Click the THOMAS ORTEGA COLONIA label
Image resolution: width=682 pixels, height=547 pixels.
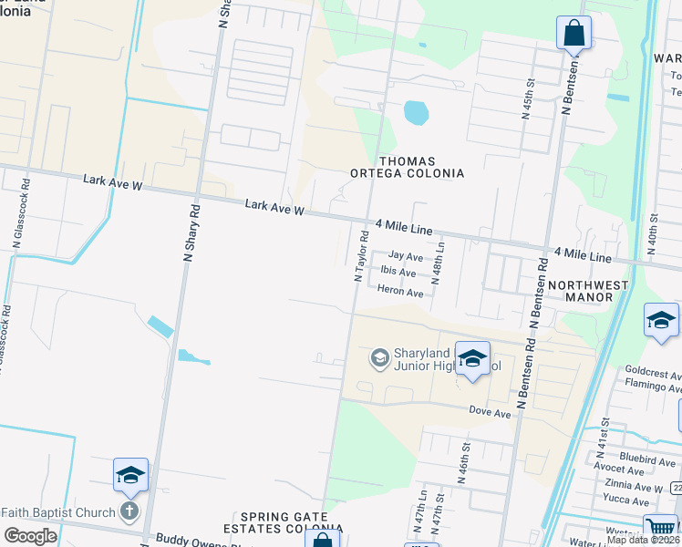click(408, 166)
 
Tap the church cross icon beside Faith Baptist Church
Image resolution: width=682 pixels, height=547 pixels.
click(130, 511)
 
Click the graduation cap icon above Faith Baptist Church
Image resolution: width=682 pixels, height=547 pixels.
click(130, 475)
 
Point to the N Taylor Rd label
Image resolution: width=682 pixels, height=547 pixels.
click(361, 256)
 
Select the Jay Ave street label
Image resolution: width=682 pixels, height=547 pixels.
click(406, 257)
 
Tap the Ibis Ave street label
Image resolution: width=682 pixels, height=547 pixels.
click(398, 273)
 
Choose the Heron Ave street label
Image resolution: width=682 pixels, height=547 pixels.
click(400, 293)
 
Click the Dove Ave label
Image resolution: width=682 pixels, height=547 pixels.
click(490, 413)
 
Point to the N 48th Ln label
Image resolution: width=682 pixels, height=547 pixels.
click(439, 263)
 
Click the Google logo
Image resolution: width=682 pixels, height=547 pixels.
click(31, 536)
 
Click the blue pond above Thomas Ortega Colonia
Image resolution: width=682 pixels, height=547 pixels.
click(416, 113)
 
